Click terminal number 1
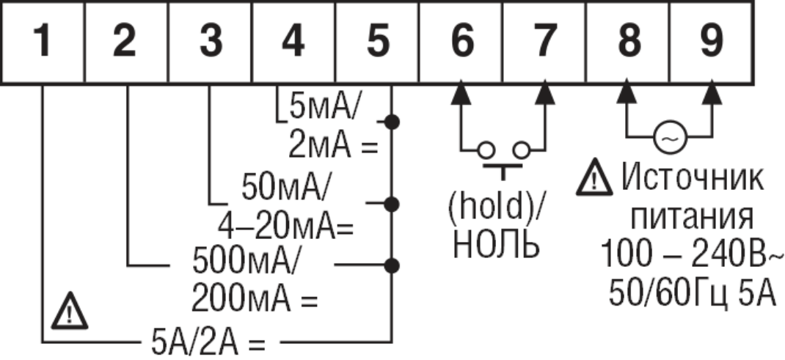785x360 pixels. click(44, 43)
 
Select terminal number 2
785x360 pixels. click(126, 43)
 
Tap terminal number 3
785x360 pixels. click(210, 43)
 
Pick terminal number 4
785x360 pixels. click(293, 43)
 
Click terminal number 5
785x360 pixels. click(376, 43)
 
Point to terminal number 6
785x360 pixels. click(461, 43)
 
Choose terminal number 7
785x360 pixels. click(544, 43)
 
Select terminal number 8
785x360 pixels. click(627, 43)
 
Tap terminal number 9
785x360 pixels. click(710, 43)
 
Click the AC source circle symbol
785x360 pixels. click(668, 137)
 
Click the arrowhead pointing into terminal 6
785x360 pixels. click(461, 94)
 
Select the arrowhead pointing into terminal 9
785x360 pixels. click(710, 94)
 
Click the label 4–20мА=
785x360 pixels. click(286, 228)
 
